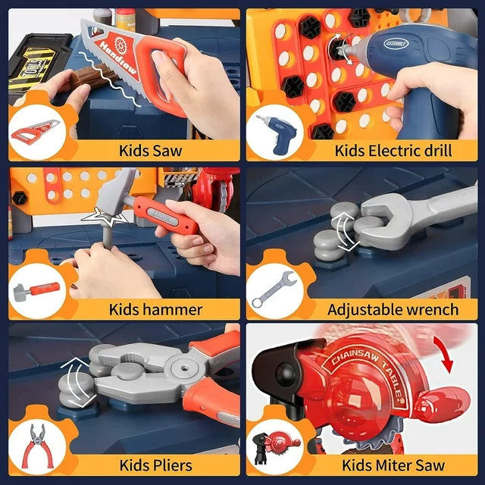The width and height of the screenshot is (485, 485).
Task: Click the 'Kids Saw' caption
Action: (x=150, y=149)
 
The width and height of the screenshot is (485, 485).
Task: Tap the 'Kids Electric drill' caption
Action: (x=393, y=149)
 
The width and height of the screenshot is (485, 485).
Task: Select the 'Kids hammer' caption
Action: (x=155, y=308)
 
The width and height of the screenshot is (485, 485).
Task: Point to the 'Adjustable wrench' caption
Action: (x=393, y=308)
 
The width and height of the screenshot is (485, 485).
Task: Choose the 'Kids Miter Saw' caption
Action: (x=391, y=465)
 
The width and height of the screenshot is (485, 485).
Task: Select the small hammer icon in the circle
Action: (x=35, y=292)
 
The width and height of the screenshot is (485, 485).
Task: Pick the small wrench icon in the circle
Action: (x=272, y=292)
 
